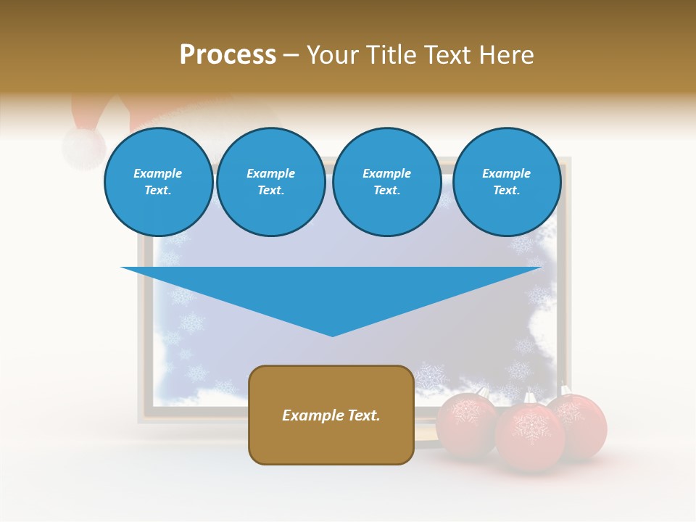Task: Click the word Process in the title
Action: point(228,55)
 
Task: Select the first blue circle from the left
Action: point(158,182)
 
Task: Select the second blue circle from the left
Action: point(270,182)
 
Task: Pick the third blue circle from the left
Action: point(386,182)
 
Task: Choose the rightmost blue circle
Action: point(506,182)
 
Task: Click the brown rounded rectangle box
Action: point(331,415)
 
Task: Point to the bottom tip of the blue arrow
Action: point(332,335)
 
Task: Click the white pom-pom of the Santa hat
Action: point(83,147)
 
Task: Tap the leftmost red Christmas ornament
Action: point(465,422)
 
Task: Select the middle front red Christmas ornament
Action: point(529,436)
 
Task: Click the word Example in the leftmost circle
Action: point(157,173)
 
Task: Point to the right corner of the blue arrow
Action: point(540,268)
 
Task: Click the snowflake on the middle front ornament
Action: point(529,428)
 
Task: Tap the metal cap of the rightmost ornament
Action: point(564,390)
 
